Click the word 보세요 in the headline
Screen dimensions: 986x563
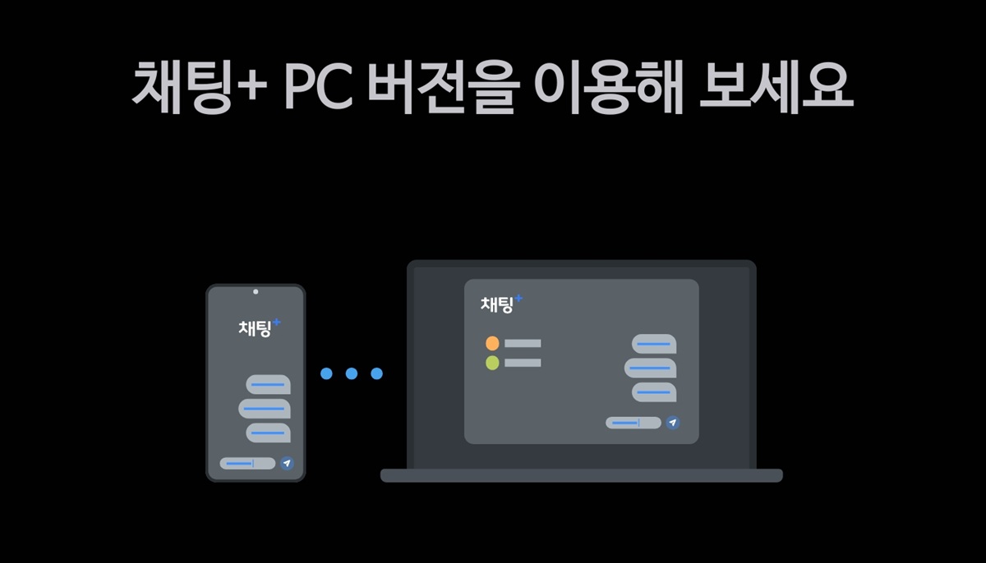(x=775, y=85)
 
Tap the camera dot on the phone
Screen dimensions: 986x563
(x=256, y=291)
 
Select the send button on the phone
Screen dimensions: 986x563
(x=286, y=464)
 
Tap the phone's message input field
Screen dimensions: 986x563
(x=247, y=464)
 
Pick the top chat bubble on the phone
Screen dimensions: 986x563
(x=268, y=384)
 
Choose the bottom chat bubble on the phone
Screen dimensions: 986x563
(x=268, y=433)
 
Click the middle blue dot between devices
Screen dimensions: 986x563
(x=352, y=373)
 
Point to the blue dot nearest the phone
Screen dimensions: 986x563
(x=326, y=373)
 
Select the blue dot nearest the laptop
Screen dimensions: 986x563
(x=377, y=373)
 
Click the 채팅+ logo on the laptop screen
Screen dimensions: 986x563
(x=500, y=304)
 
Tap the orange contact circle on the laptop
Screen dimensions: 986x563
(x=492, y=343)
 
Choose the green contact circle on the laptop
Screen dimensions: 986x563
(x=492, y=363)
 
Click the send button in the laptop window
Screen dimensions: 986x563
(x=673, y=423)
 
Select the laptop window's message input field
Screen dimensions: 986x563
(x=634, y=423)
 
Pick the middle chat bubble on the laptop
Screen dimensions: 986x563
(x=650, y=368)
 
